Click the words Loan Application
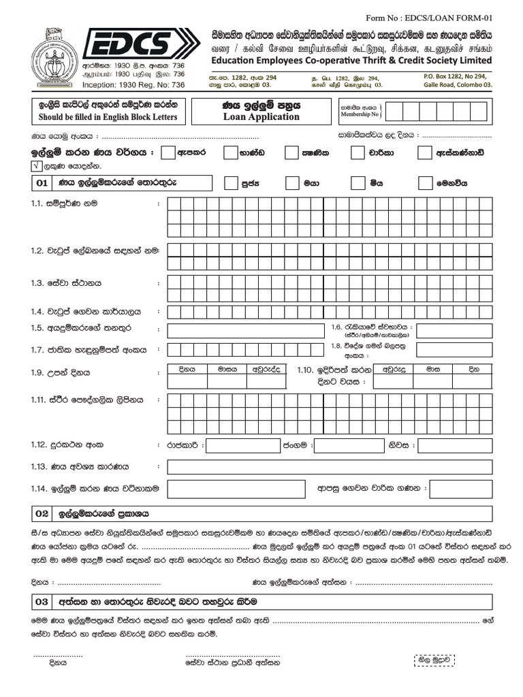point(261,116)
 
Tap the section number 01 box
point(42,183)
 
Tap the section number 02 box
point(42,513)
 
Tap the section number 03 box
point(42,602)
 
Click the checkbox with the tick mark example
point(35,166)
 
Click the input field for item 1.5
point(245,331)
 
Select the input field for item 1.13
point(329,467)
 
